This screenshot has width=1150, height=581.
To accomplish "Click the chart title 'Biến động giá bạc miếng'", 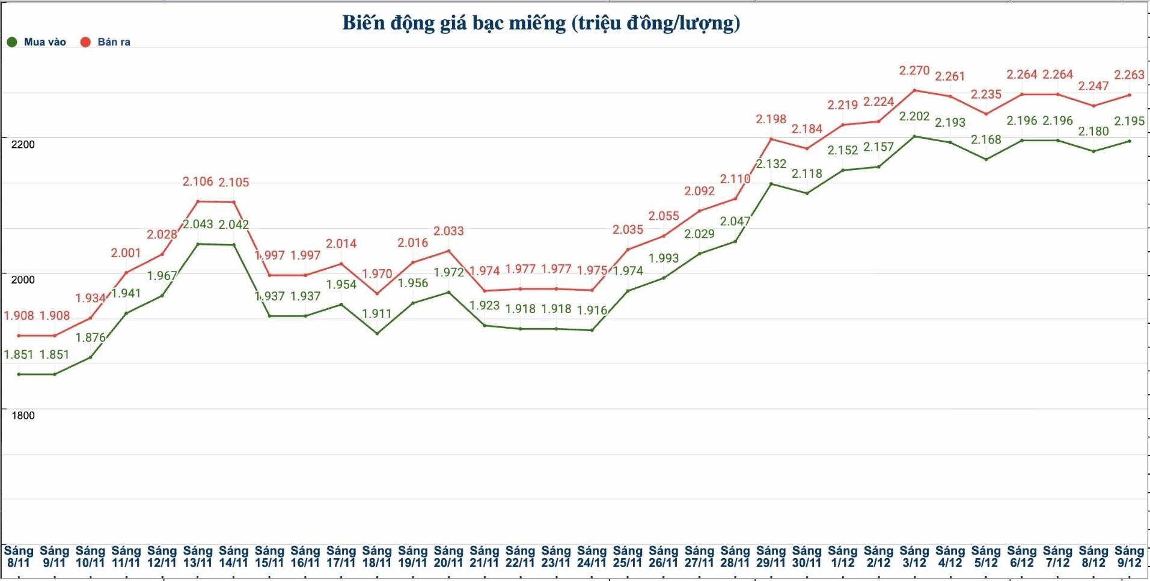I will tap(541, 23).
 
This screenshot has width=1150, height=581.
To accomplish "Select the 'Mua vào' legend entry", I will tap(37, 42).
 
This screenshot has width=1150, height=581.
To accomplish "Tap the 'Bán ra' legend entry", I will tap(106, 42).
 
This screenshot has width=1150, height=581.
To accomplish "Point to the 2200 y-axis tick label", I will tap(23, 144).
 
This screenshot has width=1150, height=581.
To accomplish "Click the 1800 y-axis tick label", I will tap(23, 415).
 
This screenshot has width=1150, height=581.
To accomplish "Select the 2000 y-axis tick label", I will tap(23, 279).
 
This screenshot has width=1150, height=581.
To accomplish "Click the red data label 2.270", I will tap(914, 70).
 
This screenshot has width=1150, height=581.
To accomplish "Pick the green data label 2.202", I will tap(914, 116).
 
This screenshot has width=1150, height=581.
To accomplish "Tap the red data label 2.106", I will tap(198, 181).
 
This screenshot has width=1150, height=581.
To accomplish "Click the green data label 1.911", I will tap(377, 314).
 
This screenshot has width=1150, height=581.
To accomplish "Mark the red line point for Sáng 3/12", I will tap(914, 90).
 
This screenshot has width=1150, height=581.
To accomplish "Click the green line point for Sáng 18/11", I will tap(377, 333).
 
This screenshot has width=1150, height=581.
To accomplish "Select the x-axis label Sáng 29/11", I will tap(771, 556).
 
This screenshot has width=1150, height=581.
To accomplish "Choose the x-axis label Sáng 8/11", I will tap(19, 556).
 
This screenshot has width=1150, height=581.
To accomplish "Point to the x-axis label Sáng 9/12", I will tap(1129, 556).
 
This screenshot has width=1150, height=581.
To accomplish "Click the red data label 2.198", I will tap(771, 119).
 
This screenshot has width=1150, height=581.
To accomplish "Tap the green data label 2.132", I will tap(771, 164).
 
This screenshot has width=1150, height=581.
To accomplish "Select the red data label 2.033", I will tap(448, 231).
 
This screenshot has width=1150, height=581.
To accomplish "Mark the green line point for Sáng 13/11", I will tap(198, 244).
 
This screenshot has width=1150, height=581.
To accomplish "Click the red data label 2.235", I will tap(986, 94).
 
